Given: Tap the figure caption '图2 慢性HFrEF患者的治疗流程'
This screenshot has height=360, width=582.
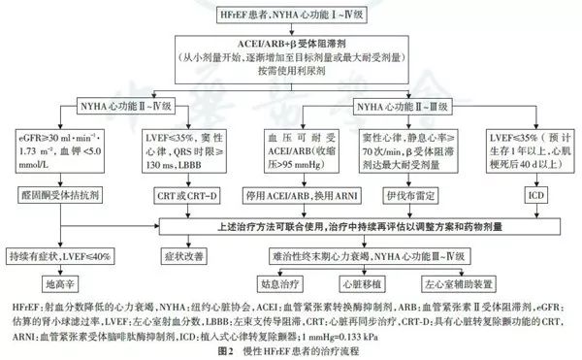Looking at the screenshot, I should pos(291,350).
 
